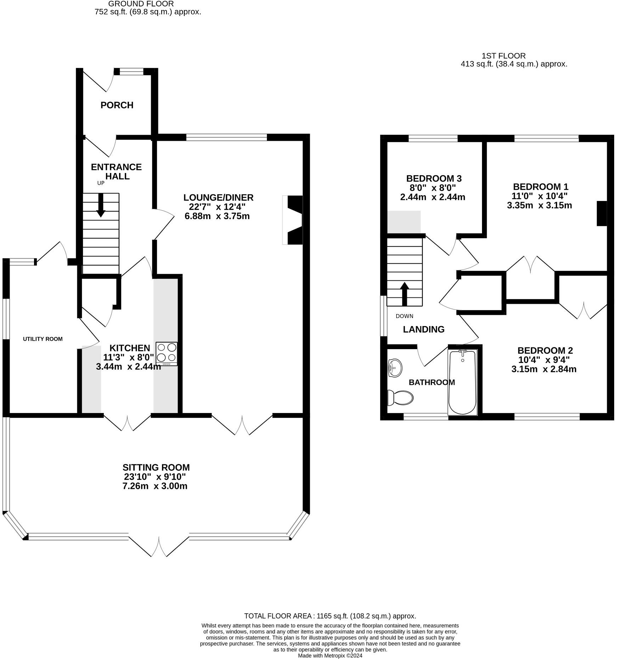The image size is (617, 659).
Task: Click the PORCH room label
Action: point(117,105)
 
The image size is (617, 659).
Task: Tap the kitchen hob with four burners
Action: point(167,354)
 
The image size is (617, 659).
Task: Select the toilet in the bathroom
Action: point(400,398)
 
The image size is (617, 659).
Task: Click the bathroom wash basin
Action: point(395,368)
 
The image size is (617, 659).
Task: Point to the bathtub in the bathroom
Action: point(462,382)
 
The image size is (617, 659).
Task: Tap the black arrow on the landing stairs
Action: point(404,294)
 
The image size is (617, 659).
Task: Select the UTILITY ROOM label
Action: point(43,339)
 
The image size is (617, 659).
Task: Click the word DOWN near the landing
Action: point(404,316)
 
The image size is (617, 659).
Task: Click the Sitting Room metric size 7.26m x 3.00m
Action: point(155,486)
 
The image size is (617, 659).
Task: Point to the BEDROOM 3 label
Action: point(434,178)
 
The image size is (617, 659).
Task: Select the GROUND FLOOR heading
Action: point(141,4)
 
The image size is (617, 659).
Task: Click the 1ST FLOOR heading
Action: point(504,56)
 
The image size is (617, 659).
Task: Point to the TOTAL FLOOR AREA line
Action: point(330,616)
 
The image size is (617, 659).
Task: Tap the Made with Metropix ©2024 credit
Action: point(330,656)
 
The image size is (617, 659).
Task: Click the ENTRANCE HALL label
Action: point(116,172)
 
